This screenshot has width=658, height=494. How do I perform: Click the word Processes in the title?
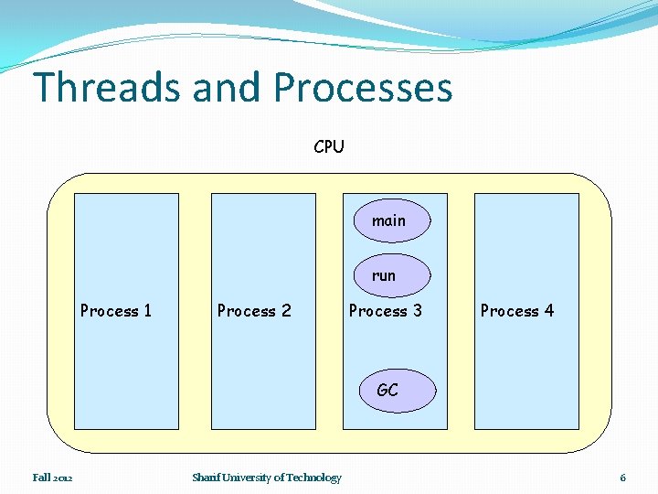tap(362, 88)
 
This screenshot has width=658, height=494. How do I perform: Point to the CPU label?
tap(329, 146)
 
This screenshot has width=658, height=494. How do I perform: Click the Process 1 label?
tap(116, 311)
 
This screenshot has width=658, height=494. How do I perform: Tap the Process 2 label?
tap(254, 311)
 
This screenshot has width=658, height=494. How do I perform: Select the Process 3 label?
tap(386, 311)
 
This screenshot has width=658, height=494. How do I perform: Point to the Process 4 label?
tap(517, 311)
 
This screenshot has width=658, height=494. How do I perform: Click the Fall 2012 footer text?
tap(53, 478)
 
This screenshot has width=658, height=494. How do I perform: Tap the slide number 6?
tap(622, 478)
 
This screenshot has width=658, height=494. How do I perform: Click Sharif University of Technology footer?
tap(267, 478)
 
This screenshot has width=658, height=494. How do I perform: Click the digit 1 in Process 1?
tap(147, 311)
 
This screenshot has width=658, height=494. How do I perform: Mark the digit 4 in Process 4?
tap(548, 311)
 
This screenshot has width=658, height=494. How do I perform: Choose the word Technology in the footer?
tap(314, 478)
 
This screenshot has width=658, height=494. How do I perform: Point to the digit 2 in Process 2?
tap(286, 311)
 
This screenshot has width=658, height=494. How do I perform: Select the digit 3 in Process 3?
tap(418, 311)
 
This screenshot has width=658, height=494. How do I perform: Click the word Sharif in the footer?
tap(205, 478)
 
